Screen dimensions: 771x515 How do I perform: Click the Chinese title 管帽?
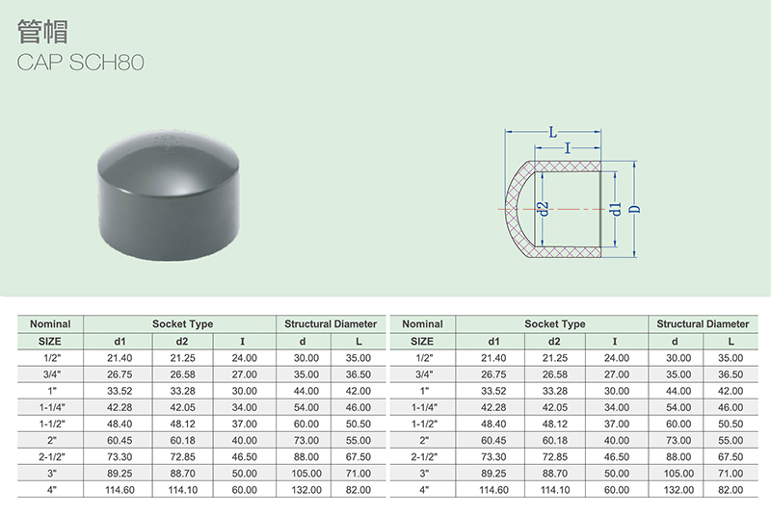(42, 32)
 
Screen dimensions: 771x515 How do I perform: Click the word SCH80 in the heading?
(107, 63)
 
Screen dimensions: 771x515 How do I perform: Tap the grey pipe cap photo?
(169, 194)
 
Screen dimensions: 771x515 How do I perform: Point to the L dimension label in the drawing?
(553, 132)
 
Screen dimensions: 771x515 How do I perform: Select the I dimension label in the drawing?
(568, 148)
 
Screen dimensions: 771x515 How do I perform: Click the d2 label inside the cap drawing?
(543, 209)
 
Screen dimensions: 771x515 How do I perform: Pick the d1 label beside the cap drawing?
(615, 209)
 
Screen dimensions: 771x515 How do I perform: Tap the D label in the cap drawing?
(635, 209)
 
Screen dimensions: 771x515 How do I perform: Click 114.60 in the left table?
(120, 490)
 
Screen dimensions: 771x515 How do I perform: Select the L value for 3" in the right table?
(731, 474)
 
